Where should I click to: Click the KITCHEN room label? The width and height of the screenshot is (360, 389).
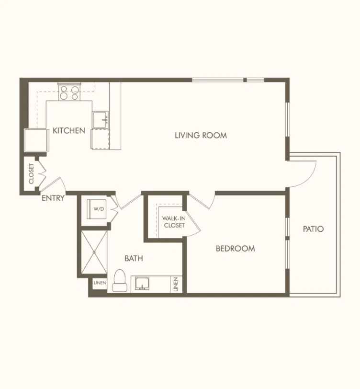(x=69, y=130)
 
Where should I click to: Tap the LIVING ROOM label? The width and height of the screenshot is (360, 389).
(x=201, y=136)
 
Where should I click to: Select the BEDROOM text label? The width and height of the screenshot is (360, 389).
(x=235, y=249)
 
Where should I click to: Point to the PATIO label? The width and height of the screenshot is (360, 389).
(x=314, y=229)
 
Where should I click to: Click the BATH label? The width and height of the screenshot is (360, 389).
(x=134, y=259)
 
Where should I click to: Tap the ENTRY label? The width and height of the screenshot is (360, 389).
(x=53, y=198)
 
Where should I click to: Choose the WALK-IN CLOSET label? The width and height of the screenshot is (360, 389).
(x=174, y=222)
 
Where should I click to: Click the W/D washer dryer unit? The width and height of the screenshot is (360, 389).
(x=97, y=209)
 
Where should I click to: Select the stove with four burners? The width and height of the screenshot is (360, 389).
(x=69, y=92)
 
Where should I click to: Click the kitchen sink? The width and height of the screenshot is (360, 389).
(x=101, y=120)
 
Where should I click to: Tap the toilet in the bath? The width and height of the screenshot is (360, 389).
(x=120, y=280)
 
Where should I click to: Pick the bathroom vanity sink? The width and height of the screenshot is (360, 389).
(x=142, y=284)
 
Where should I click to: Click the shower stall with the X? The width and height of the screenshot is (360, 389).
(x=94, y=252)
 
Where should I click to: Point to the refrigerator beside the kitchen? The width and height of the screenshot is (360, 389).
(x=36, y=140)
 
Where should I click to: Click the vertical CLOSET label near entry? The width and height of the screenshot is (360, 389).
(x=31, y=173)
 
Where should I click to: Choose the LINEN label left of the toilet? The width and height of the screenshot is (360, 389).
(x=100, y=283)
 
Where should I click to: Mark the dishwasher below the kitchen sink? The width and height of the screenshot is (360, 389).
(x=101, y=139)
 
